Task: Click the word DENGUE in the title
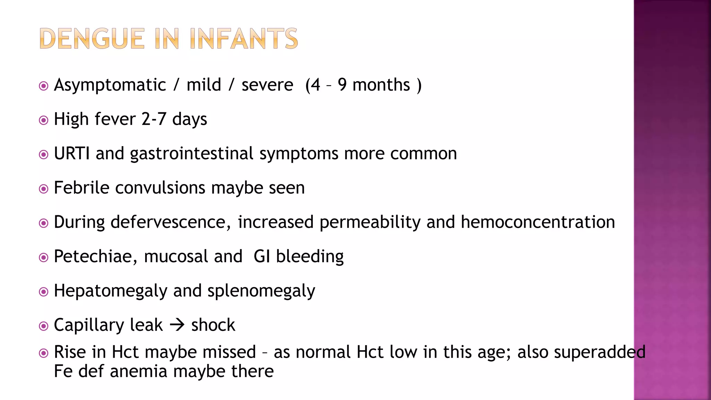pyautogui.click(x=92, y=39)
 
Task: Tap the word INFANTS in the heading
pyautogui.click(x=244, y=39)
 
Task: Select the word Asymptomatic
pyautogui.click(x=110, y=85)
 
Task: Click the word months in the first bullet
pyautogui.click(x=381, y=85)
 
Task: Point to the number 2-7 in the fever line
pyautogui.click(x=154, y=119)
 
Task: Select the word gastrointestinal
pyautogui.click(x=192, y=154)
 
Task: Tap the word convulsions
pyautogui.click(x=160, y=188)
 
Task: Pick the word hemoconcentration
pyautogui.click(x=538, y=222)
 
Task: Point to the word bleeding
pyautogui.click(x=310, y=257)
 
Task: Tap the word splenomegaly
pyautogui.click(x=261, y=291)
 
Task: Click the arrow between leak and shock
pyautogui.click(x=177, y=325)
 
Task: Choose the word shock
pyautogui.click(x=213, y=325)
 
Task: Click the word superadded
pyautogui.click(x=600, y=352)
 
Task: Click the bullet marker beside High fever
pyautogui.click(x=44, y=120)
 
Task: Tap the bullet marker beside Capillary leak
pyautogui.click(x=44, y=326)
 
